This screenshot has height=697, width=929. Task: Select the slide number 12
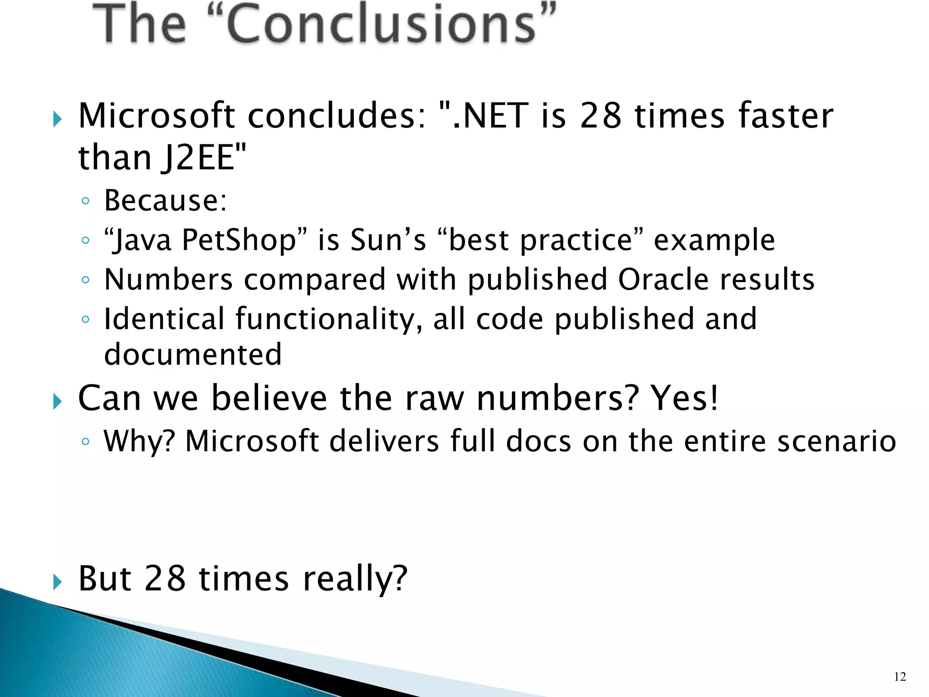point(900,677)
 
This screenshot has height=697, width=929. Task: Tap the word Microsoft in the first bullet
point(156,116)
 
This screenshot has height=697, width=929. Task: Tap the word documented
point(193,354)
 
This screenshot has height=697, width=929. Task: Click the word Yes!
point(685,398)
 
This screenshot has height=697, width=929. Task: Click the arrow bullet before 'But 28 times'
point(57,581)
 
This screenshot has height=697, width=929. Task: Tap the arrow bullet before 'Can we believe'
point(57,401)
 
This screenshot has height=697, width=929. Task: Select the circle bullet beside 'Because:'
point(85,201)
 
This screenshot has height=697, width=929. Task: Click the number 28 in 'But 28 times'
point(165,579)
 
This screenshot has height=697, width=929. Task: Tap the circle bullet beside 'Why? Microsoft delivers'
point(85,441)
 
